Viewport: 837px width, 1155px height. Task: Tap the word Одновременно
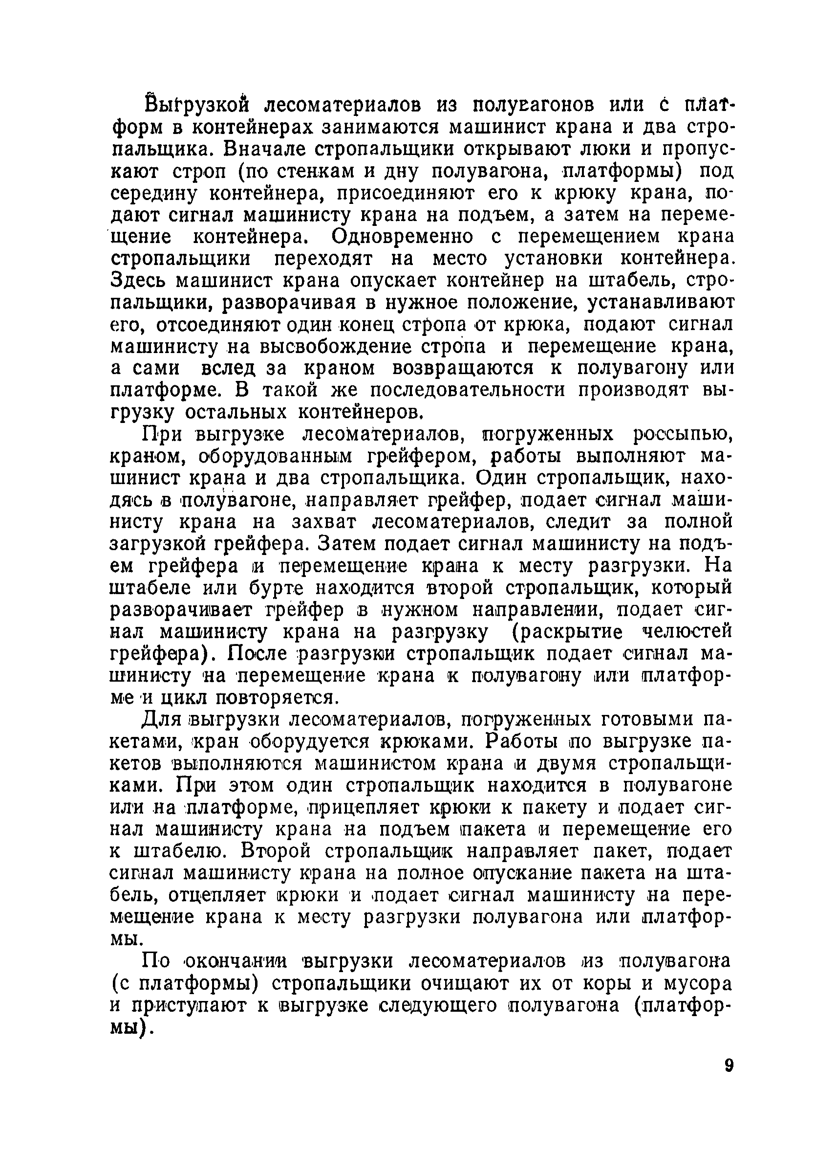pos(402,237)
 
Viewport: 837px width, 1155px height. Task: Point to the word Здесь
pos(138,281)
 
